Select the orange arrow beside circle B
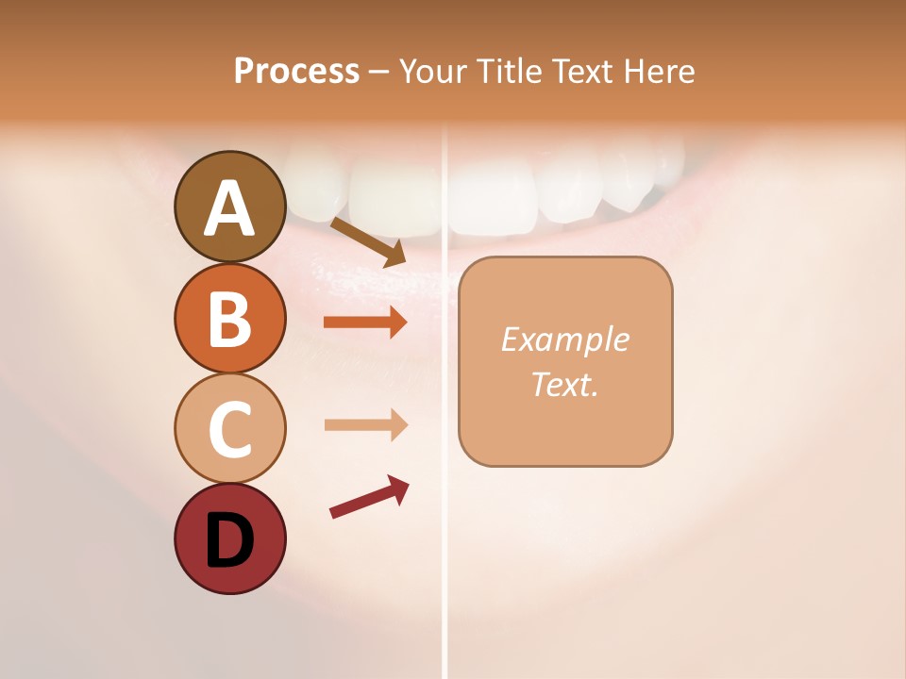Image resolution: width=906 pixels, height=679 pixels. tap(365, 323)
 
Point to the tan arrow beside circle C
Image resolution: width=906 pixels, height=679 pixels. tap(365, 424)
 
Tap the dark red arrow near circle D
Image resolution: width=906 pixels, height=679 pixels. tap(369, 497)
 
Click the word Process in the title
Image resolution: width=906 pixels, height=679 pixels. tap(296, 71)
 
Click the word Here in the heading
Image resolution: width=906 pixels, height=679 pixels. tap(659, 71)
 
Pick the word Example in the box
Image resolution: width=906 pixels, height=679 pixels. tap(564, 339)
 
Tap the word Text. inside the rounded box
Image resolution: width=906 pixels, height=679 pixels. tap(564, 384)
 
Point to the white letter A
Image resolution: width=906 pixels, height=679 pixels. tap(229, 209)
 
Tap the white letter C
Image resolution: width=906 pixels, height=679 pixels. tap(229, 429)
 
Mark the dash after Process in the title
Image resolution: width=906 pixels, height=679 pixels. tap(379, 73)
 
